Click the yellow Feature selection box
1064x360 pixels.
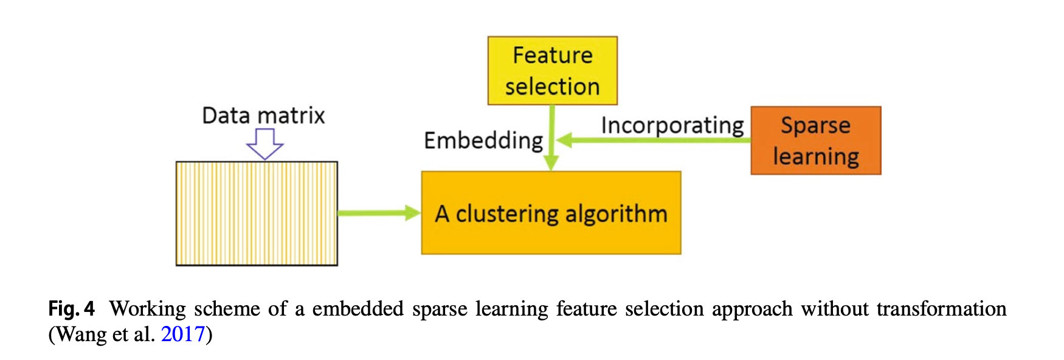click(552, 71)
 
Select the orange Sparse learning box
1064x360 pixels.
click(815, 140)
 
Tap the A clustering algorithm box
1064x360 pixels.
click(551, 213)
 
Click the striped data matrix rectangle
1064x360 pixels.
click(257, 213)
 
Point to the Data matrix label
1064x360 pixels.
click(263, 116)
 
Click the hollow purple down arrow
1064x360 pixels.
click(264, 144)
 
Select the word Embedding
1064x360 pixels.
click(483, 140)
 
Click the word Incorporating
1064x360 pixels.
click(672, 125)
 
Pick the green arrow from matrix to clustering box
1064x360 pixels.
click(379, 213)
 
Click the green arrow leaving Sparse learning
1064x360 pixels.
click(654, 140)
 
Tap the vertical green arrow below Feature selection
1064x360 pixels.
click(551, 137)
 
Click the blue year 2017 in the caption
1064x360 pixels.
click(182, 334)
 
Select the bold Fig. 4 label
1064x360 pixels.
click(71, 309)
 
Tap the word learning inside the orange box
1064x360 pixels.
click(815, 157)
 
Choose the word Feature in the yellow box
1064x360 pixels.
click(552, 55)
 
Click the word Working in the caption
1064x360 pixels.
click(148, 309)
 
